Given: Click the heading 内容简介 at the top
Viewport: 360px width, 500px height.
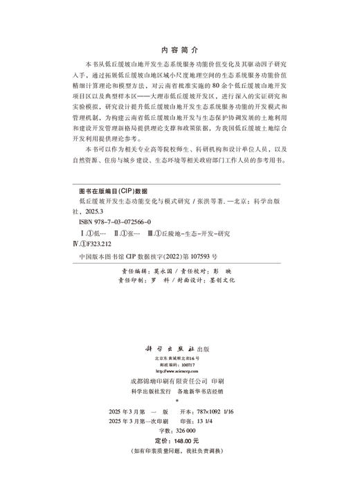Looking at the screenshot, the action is click(x=179, y=51).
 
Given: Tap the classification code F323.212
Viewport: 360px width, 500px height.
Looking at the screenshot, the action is click(x=105, y=244).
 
